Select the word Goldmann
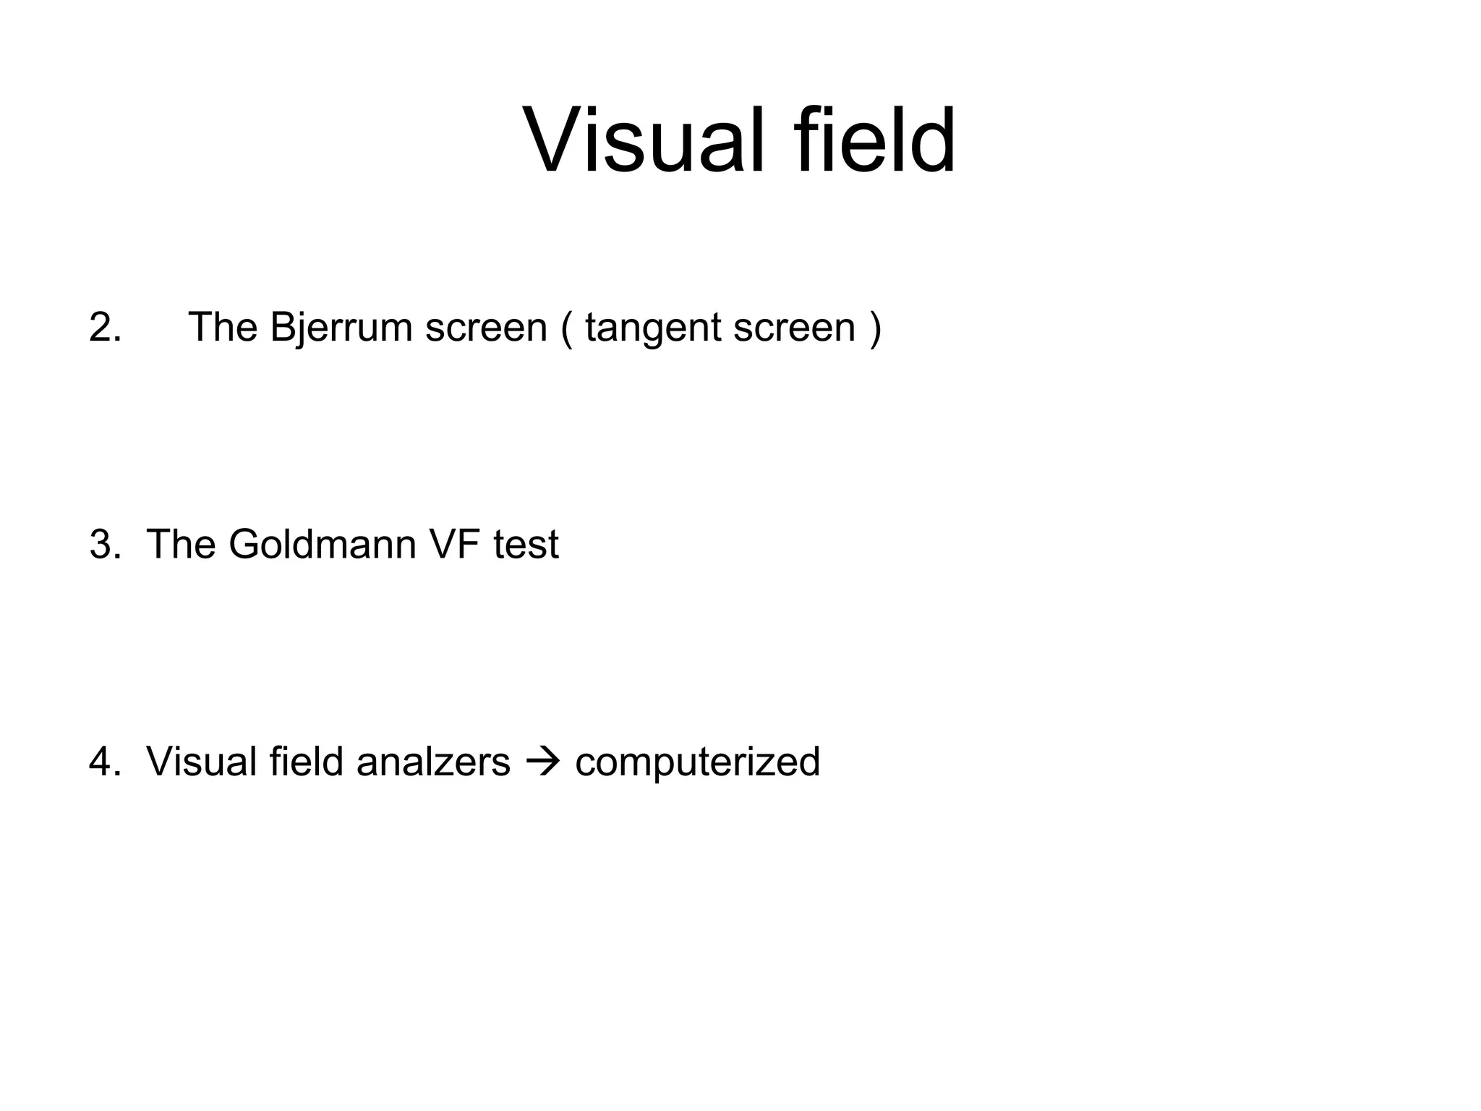[323, 545]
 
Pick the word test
[526, 545]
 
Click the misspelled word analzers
[433, 762]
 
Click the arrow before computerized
[542, 762]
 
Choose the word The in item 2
[223, 328]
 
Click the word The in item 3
[181, 545]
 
